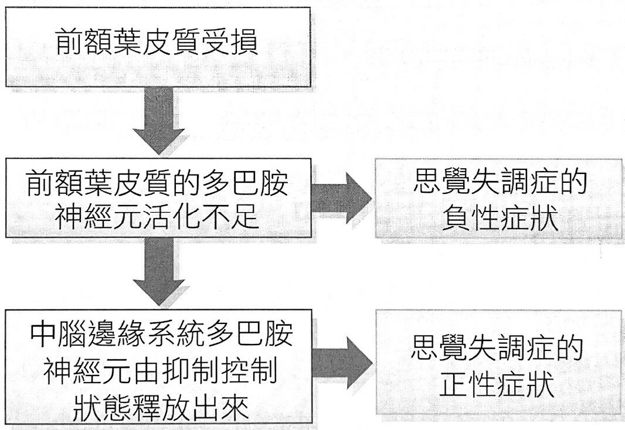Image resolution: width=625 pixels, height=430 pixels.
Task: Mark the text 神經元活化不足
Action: point(157,217)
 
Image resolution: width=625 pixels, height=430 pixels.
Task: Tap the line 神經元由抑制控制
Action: point(158,371)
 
